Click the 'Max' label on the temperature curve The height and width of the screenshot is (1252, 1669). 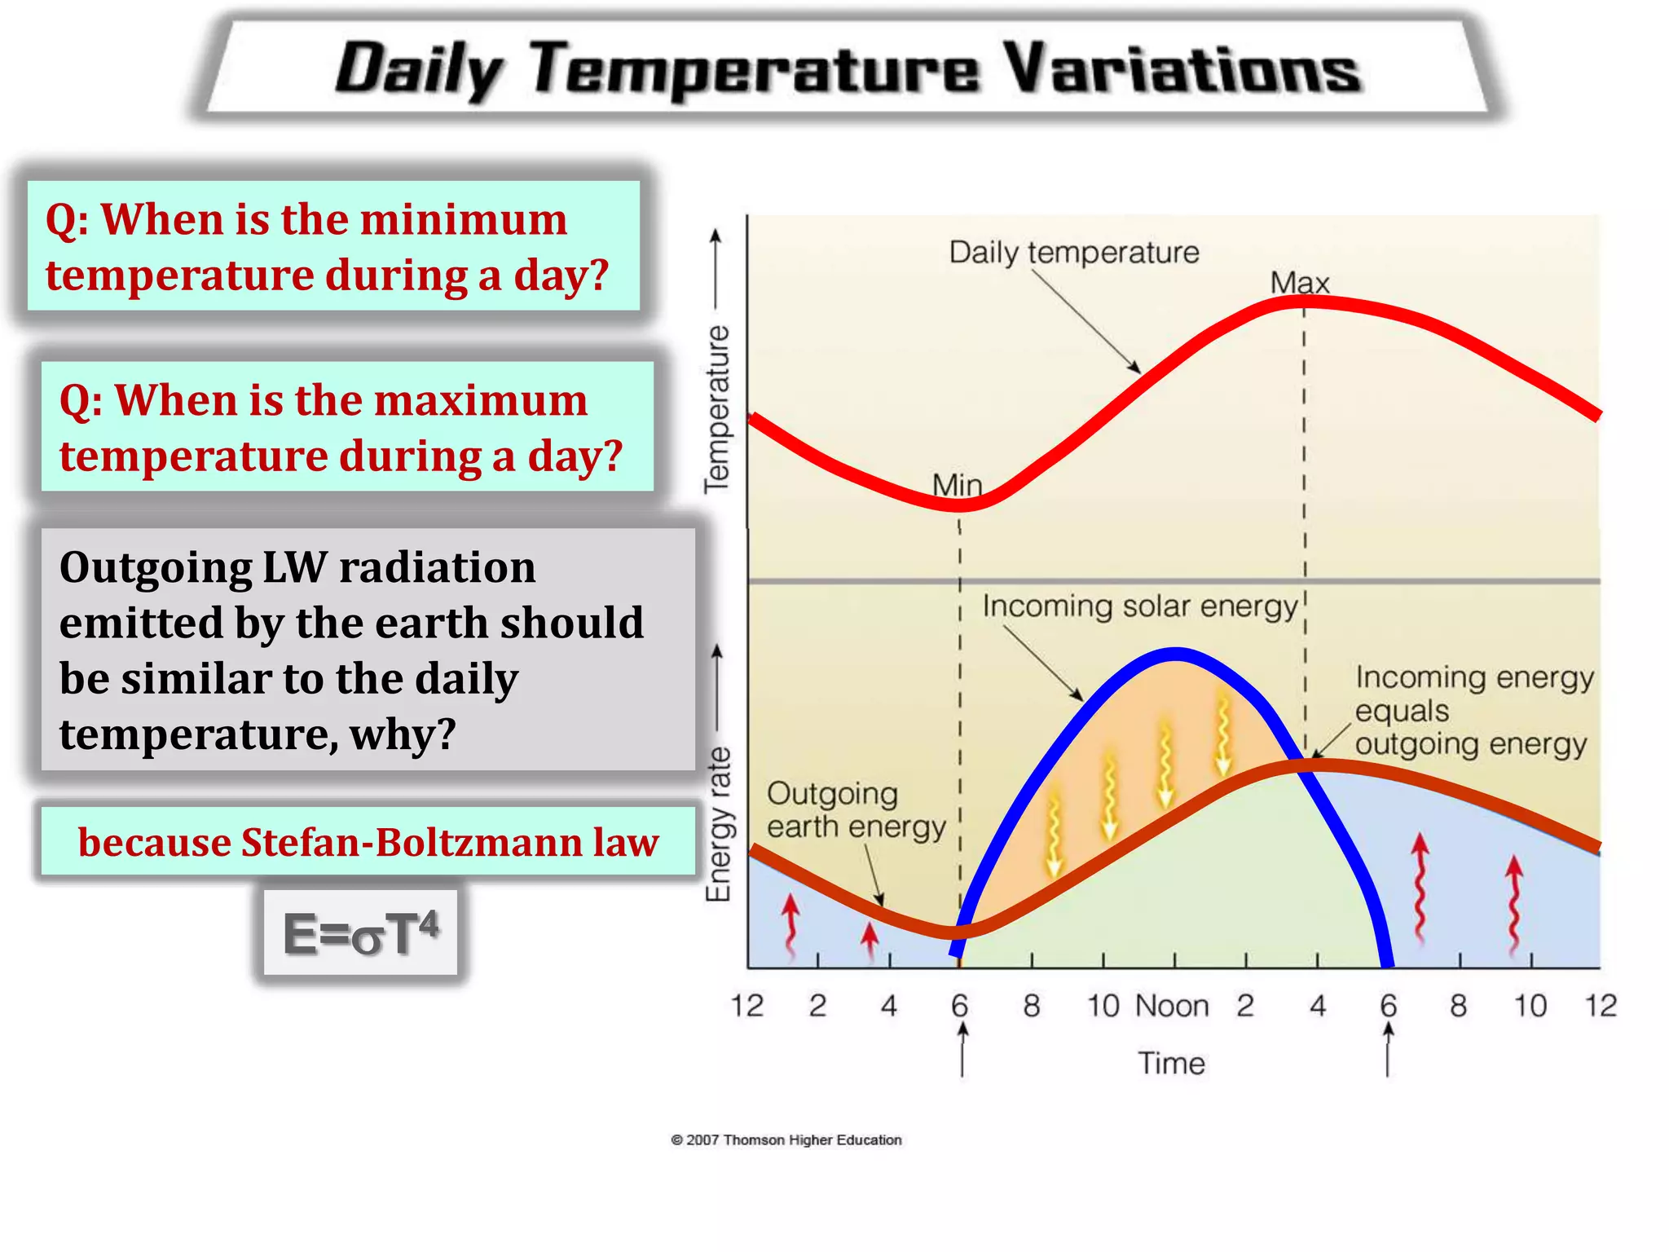(x=1299, y=283)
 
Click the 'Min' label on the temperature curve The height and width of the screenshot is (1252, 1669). (x=957, y=486)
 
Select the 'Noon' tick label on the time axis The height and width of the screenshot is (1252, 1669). (x=1171, y=1006)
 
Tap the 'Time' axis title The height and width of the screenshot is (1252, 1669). (x=1171, y=1063)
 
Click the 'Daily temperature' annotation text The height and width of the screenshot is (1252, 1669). (x=1073, y=253)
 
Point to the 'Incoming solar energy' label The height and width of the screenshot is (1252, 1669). (x=1139, y=606)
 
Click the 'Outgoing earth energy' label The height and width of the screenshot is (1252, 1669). (x=856, y=810)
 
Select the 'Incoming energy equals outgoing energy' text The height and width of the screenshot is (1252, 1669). (x=1473, y=711)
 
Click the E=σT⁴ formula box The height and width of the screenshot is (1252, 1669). (x=360, y=932)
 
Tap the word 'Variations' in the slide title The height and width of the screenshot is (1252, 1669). (x=1181, y=70)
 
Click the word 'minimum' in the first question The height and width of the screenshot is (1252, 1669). (x=463, y=220)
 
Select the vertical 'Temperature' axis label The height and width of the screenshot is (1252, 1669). (x=717, y=408)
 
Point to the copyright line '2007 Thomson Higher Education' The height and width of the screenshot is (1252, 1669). (x=786, y=1140)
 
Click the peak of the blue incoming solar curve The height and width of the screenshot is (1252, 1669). (x=1175, y=652)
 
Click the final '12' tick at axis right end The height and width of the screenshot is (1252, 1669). (x=1600, y=1006)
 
